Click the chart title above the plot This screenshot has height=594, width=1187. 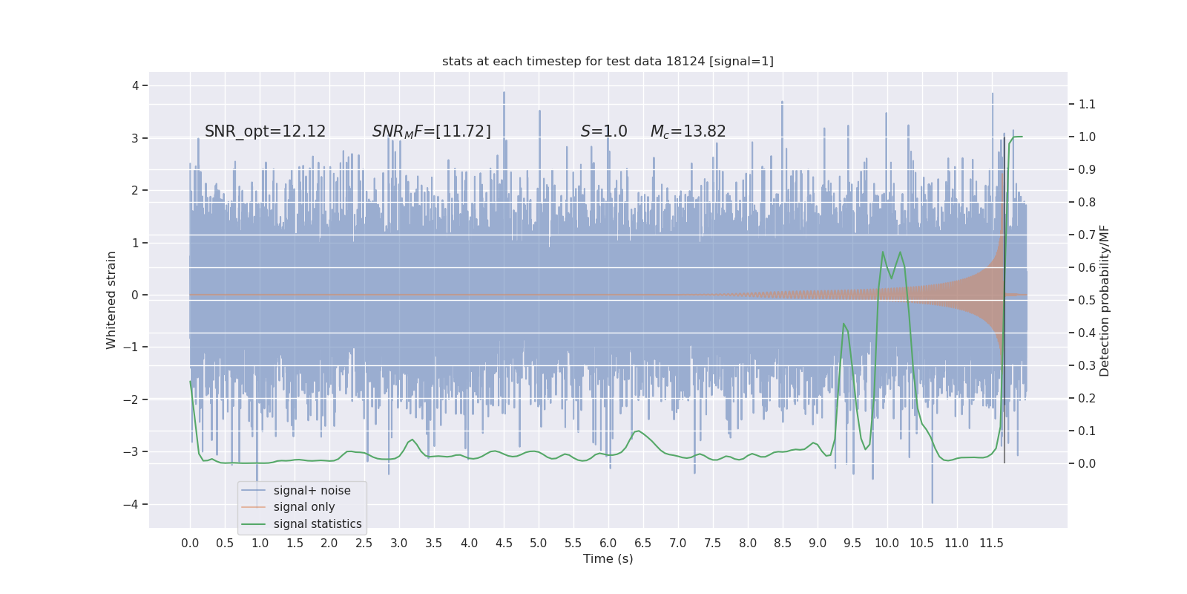tap(608, 61)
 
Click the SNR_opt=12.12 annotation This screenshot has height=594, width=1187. tap(265, 131)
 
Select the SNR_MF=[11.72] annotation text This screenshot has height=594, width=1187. tap(431, 131)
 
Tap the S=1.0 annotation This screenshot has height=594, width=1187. tap(604, 131)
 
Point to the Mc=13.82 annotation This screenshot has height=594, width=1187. tap(688, 131)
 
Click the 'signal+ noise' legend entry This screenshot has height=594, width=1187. tap(312, 491)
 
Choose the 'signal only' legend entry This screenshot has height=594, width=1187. tap(303, 507)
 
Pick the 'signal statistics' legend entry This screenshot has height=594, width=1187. tap(317, 524)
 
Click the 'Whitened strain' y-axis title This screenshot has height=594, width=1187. tap(111, 300)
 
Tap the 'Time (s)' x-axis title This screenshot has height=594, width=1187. tap(608, 558)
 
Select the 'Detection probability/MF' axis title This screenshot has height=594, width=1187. tap(1105, 300)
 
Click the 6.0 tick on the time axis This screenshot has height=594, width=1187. tap(608, 543)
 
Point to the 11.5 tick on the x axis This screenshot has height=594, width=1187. tap(991, 543)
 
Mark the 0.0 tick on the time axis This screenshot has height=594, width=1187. tap(190, 543)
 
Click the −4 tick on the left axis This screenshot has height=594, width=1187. tap(134, 504)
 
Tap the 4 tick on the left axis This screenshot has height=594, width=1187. tap(136, 85)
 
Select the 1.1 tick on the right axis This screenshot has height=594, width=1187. tap(1087, 104)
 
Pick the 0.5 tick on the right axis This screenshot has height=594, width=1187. tap(1087, 300)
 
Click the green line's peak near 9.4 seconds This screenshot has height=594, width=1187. tap(844, 324)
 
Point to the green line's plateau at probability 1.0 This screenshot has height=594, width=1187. tap(1017, 137)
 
